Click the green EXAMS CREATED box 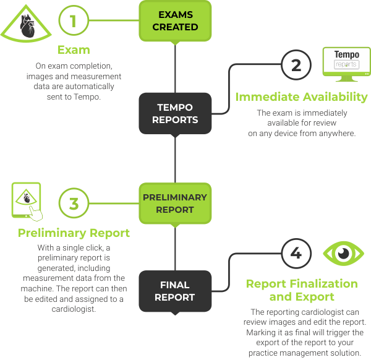click(x=175, y=20)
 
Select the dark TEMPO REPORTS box click(x=175, y=114)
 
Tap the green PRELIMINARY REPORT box click(x=175, y=203)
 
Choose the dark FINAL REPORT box click(x=175, y=291)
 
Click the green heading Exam click(x=74, y=49)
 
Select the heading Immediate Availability click(x=302, y=97)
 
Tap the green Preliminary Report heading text click(x=74, y=233)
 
